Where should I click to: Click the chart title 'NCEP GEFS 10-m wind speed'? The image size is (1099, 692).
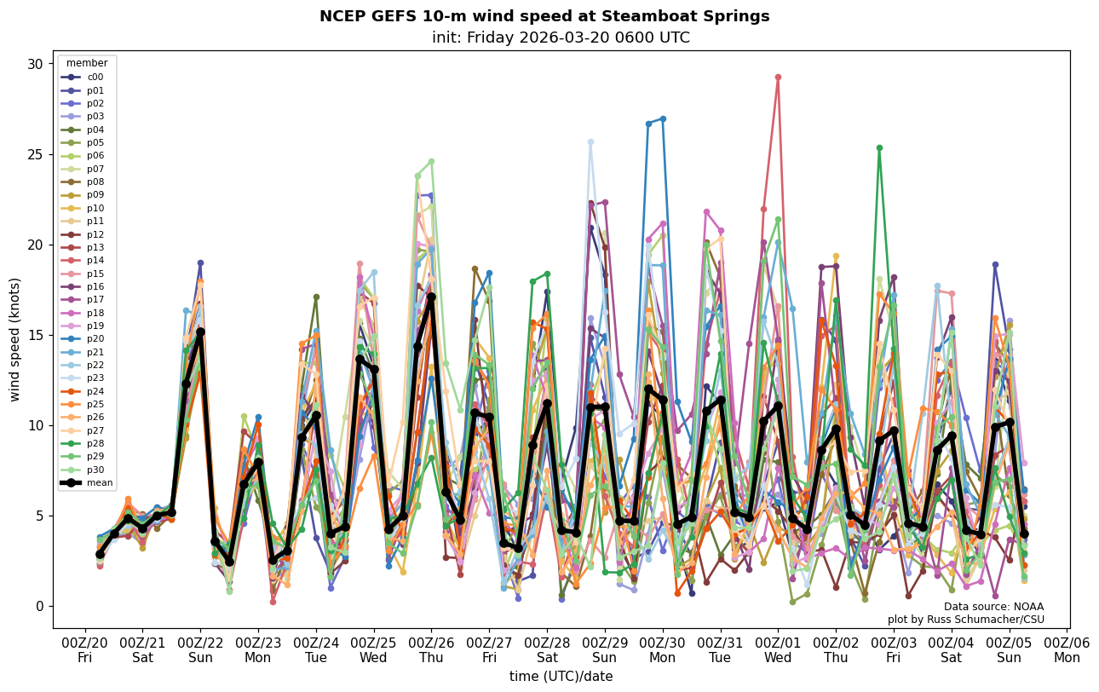tap(544, 16)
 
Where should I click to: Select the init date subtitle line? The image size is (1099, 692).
tap(561, 37)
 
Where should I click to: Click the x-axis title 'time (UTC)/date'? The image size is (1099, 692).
tap(561, 677)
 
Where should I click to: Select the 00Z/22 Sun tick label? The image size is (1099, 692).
tap(200, 649)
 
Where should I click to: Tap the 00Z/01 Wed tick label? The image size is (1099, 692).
tap(779, 649)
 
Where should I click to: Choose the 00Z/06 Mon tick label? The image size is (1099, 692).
tap(1067, 649)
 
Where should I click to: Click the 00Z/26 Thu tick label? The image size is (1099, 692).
tap(431, 649)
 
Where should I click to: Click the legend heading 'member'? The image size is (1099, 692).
tap(87, 63)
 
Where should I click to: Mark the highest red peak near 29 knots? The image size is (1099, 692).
tap(778, 78)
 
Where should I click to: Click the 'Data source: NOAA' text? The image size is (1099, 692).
tap(993, 607)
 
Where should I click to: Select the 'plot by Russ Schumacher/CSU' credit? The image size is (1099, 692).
tap(965, 620)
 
